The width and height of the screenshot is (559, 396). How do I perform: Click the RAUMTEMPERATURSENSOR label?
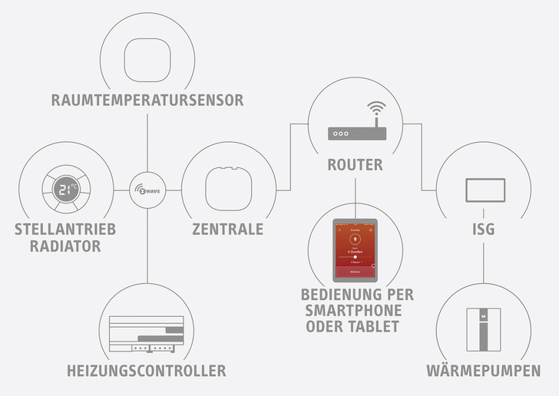(x=147, y=100)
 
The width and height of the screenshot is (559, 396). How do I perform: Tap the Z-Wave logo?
(x=147, y=190)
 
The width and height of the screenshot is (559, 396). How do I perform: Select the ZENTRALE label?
(x=228, y=229)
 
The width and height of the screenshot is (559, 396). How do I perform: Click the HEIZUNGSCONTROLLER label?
(x=147, y=371)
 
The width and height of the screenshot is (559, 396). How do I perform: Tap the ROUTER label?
(x=355, y=165)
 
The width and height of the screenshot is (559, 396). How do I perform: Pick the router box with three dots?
(x=355, y=134)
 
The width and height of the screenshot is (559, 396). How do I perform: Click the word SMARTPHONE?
(x=358, y=311)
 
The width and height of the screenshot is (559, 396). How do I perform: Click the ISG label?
(x=484, y=229)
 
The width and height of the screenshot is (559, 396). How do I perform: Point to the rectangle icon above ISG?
(x=485, y=190)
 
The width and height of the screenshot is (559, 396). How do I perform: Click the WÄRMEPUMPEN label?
(x=483, y=371)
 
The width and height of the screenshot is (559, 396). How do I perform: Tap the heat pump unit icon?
(x=484, y=328)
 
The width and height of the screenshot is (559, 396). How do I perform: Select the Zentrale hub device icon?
(x=227, y=188)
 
